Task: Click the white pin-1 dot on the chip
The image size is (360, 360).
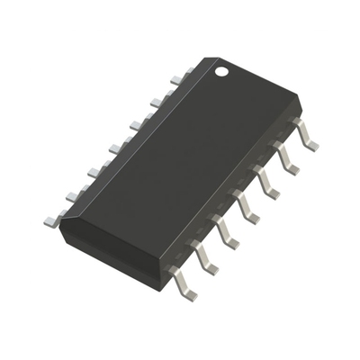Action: coord(221,69)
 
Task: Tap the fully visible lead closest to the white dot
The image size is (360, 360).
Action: coord(306,135)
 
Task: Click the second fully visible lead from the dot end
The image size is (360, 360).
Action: coord(286,159)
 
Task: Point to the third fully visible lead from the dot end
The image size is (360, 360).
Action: coord(265,184)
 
